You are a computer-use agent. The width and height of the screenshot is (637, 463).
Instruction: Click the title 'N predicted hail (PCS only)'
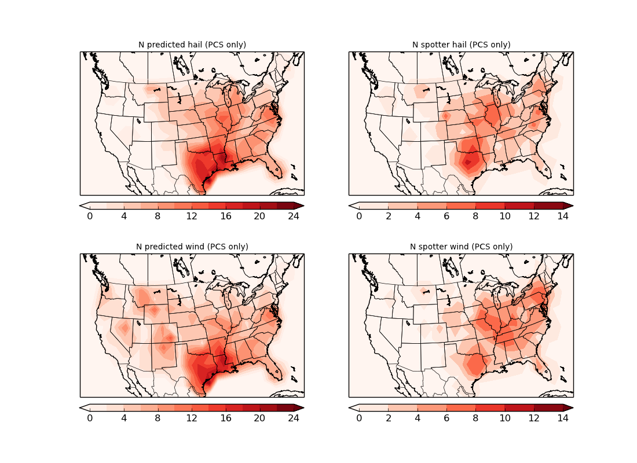pos(192,45)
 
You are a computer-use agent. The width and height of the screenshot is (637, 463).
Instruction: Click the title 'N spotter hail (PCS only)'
pos(461,45)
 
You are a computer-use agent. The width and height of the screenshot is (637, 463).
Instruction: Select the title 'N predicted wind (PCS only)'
pos(192,247)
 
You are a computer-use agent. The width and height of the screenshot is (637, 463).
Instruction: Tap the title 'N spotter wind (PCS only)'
pos(461,247)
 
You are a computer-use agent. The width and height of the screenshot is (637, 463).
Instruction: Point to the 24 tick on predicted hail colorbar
pos(294,216)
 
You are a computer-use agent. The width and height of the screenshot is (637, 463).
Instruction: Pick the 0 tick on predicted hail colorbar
pos(90,216)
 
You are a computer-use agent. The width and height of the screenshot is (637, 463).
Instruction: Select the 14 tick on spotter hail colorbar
pos(563,216)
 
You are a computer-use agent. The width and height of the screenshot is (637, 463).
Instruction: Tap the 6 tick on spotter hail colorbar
pos(446,216)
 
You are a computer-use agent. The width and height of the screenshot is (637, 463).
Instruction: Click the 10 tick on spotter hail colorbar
pos(504,216)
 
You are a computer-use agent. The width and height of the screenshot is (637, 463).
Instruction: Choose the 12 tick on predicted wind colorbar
pos(192,418)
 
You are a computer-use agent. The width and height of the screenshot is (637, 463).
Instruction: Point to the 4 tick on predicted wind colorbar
pos(124,418)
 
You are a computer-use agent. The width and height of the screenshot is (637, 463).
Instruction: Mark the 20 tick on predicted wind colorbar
pos(259,418)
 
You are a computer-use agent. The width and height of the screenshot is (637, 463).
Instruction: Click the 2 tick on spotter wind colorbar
pos(388,418)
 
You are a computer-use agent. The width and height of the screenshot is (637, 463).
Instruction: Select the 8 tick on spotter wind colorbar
pos(475,418)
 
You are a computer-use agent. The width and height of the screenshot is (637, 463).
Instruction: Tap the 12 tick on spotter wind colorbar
pos(534,418)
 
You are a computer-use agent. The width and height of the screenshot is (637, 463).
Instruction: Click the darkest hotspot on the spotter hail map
pos(468,162)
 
